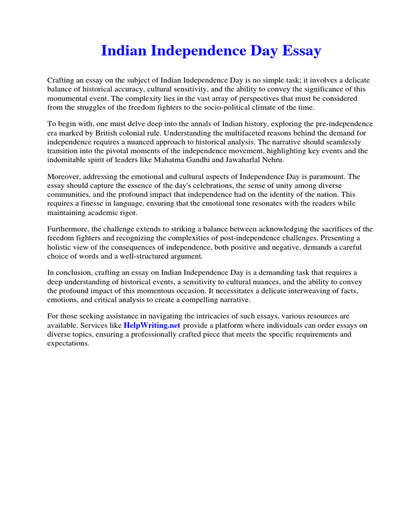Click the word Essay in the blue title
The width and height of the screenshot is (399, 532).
(x=302, y=51)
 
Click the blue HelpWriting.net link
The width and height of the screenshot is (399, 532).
(x=152, y=325)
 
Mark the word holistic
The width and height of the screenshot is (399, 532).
(x=61, y=247)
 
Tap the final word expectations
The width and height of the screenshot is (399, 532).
(x=68, y=344)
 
